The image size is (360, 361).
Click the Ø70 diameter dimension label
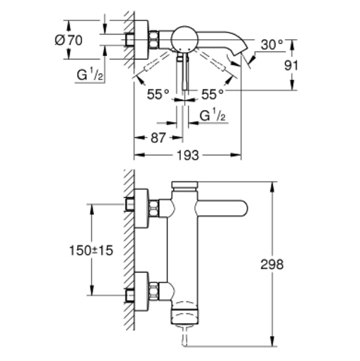click(x=69, y=41)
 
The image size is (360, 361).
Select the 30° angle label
click(x=272, y=45)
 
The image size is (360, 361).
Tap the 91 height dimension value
click(x=291, y=66)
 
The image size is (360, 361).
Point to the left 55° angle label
click(x=158, y=94)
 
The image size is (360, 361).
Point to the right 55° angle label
click(x=213, y=94)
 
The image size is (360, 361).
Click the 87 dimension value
click(x=158, y=138)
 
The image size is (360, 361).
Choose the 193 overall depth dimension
click(x=188, y=155)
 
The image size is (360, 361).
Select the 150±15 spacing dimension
click(x=91, y=250)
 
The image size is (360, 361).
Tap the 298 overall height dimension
click(x=272, y=265)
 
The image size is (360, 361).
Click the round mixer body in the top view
click(x=184, y=39)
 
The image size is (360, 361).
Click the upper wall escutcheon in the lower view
click(x=141, y=209)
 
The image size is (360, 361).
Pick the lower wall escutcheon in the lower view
click(x=141, y=292)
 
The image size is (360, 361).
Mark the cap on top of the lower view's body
click(x=185, y=185)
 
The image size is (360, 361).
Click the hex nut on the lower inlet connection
click(x=154, y=292)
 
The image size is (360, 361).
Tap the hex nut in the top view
click(x=154, y=40)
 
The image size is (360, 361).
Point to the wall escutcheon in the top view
click(x=141, y=40)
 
